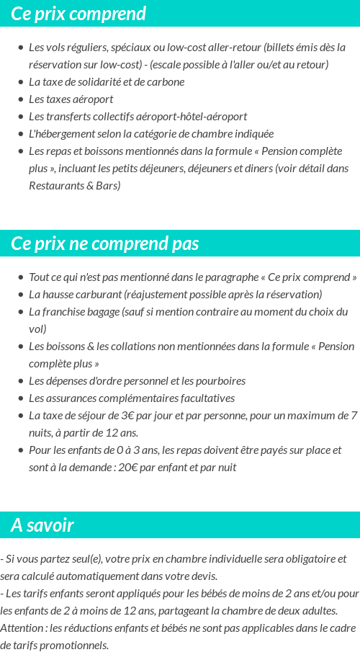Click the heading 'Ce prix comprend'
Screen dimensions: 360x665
(78, 14)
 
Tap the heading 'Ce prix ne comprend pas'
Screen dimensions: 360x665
(105, 244)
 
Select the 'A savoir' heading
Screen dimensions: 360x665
(42, 525)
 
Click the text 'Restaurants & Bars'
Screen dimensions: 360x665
(75, 186)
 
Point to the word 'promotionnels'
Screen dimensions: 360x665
(74, 646)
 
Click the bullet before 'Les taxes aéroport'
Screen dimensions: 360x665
(20, 99)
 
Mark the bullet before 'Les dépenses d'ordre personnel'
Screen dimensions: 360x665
(20, 381)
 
